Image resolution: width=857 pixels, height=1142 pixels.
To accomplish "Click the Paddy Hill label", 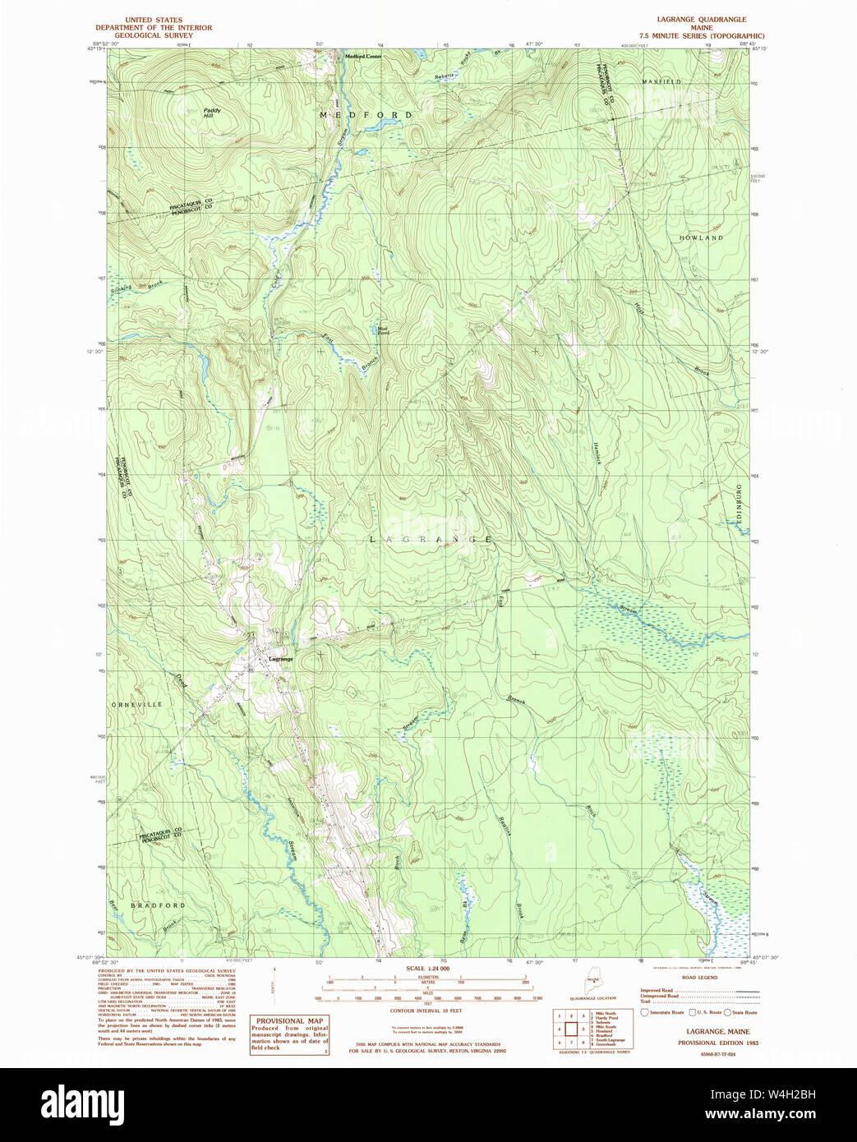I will click(212, 113).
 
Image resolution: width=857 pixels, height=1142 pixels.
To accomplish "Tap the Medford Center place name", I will click(363, 56).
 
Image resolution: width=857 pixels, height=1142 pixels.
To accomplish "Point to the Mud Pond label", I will click(382, 331).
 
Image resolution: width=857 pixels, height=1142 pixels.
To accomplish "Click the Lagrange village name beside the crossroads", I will click(281, 659).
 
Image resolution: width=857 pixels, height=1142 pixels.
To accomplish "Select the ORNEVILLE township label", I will click(136, 705).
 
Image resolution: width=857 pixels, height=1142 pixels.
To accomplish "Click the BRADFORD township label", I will click(159, 905).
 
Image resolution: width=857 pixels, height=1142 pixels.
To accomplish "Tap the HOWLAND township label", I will click(701, 237).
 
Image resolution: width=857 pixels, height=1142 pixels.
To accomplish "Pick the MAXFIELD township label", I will click(662, 82).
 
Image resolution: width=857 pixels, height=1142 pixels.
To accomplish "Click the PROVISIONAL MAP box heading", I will click(288, 1021).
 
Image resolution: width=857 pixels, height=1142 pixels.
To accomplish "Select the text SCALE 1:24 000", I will click(427, 969).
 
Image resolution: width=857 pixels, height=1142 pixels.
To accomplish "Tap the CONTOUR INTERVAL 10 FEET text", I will click(426, 1011).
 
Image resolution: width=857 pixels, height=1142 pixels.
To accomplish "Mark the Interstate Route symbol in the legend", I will click(645, 1013).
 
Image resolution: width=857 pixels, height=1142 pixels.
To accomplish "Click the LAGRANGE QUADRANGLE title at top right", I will click(702, 19).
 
